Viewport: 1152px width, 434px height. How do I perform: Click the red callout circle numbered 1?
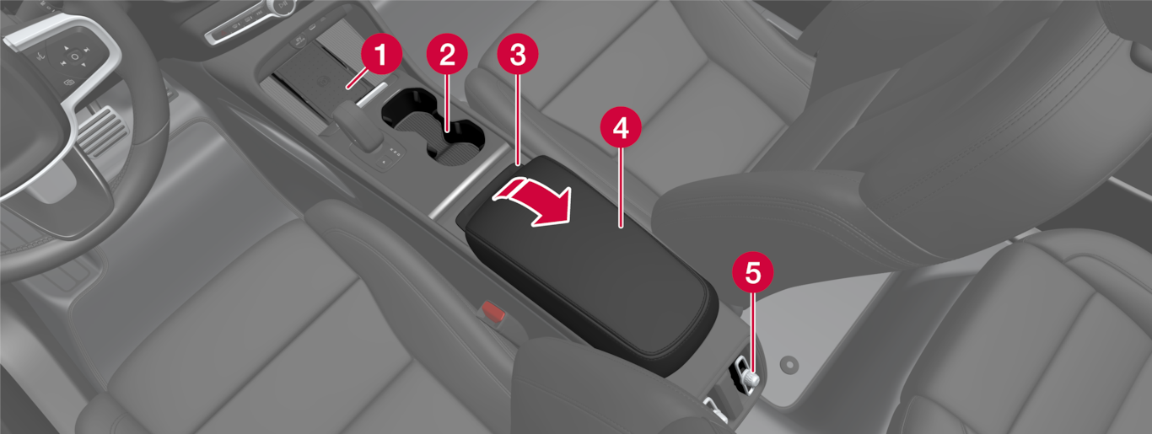click(x=381, y=55)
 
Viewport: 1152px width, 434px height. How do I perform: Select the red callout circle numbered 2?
click(x=447, y=55)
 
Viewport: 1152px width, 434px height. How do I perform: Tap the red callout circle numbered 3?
click(x=518, y=55)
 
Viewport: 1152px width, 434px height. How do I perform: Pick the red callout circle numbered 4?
click(x=621, y=127)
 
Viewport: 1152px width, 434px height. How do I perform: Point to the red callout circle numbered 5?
click(x=753, y=272)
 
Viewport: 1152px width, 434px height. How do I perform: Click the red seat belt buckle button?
click(x=493, y=311)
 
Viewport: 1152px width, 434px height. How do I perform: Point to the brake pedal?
click(x=101, y=131)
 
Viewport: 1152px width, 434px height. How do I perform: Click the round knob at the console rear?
click(x=751, y=380)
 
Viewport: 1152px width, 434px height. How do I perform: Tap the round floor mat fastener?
click(x=789, y=365)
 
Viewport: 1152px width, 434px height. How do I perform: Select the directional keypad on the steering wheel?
click(x=75, y=56)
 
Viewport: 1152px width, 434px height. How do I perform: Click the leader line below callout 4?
click(x=621, y=187)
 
